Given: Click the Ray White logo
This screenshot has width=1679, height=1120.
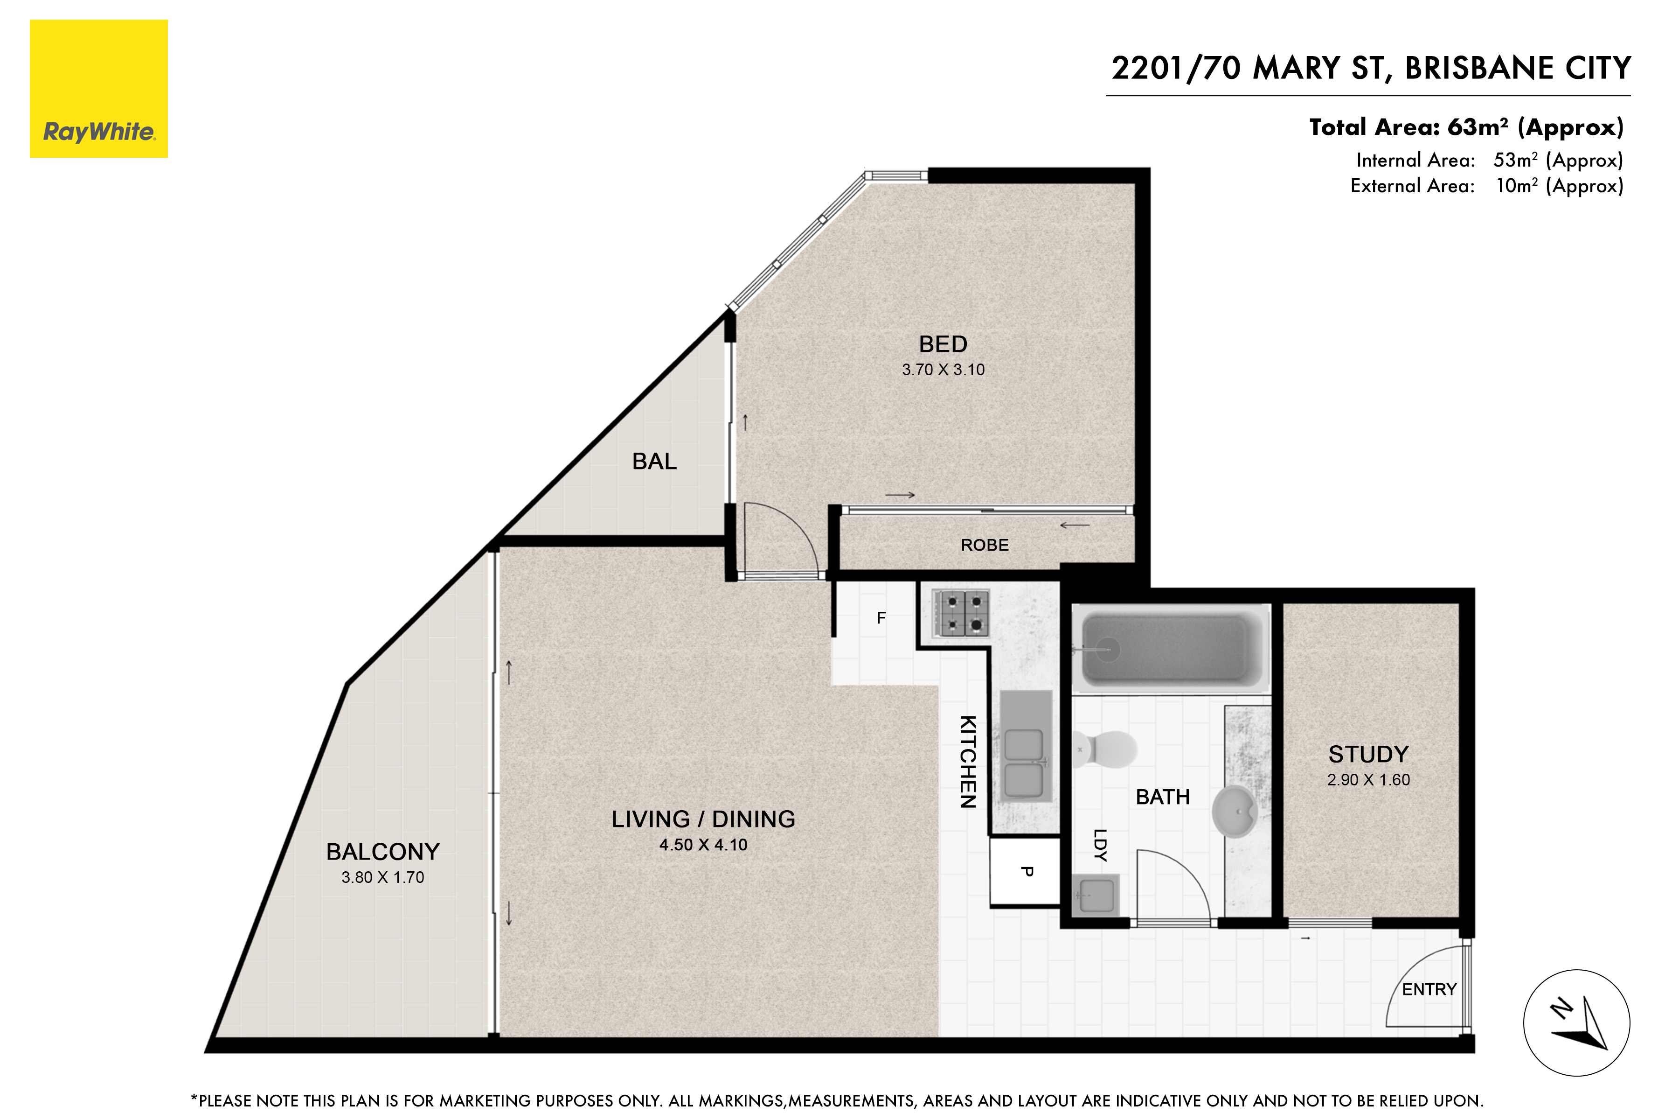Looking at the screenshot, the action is (x=98, y=89).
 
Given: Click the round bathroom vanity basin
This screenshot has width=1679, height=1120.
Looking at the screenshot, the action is (x=1235, y=812).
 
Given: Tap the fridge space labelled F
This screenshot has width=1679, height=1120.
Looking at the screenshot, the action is (x=881, y=618).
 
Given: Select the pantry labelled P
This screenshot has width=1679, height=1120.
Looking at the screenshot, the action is (x=1026, y=871).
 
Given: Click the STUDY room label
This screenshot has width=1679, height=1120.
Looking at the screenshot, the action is (x=1368, y=754).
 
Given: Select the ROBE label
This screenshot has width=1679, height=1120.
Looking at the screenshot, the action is (x=985, y=546).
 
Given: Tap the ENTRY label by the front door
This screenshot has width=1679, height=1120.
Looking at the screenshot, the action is (x=1429, y=989).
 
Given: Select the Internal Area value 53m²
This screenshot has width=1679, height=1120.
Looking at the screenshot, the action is (x=1515, y=160).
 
